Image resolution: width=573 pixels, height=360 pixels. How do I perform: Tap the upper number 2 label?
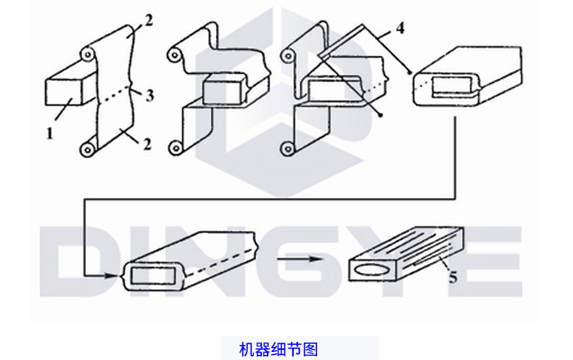[149, 20]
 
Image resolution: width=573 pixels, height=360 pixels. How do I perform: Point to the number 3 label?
[149, 94]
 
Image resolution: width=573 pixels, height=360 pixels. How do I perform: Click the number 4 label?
[400, 30]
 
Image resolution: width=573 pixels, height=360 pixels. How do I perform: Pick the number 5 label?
[453, 277]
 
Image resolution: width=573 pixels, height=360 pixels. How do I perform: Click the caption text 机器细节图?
[279, 349]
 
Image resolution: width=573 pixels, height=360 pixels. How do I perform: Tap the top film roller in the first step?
[88, 54]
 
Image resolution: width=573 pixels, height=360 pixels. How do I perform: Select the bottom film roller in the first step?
[88, 150]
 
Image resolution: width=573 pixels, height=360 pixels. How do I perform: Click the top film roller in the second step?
[174, 55]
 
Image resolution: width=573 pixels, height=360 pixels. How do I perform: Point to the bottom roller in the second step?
[174, 149]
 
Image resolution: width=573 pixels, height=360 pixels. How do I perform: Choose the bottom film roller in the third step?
[287, 150]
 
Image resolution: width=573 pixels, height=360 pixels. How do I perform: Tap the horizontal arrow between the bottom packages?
[298, 258]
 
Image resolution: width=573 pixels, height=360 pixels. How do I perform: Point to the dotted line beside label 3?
[115, 95]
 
